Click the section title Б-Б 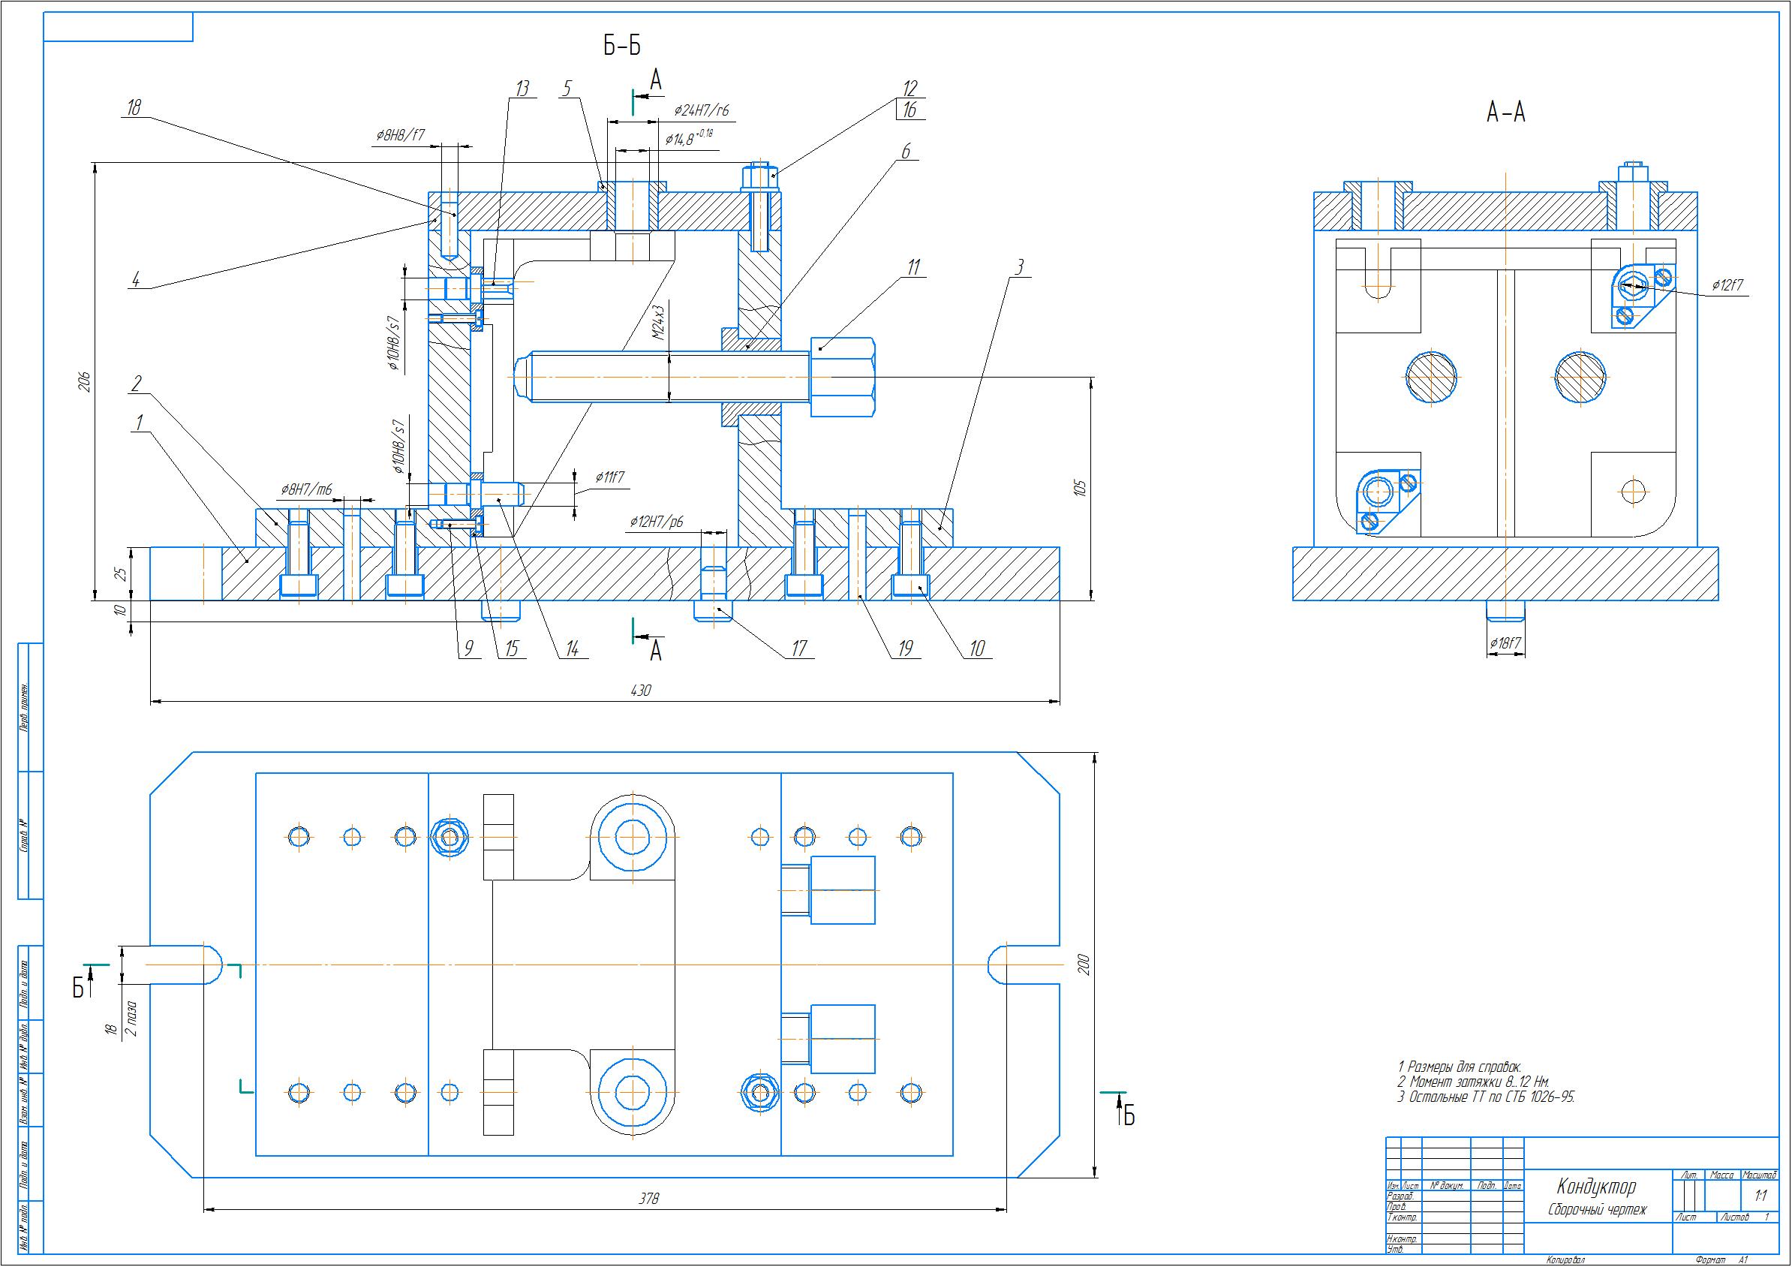(x=622, y=46)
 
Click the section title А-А (x=1505, y=114)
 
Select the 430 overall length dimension (x=639, y=690)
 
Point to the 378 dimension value (x=648, y=1198)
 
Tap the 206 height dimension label (x=85, y=382)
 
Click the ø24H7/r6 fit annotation (x=702, y=112)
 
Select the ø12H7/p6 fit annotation (x=657, y=522)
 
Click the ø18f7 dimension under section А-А (x=1505, y=644)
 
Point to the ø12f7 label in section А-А (x=1728, y=286)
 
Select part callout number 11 (x=913, y=267)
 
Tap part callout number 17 (x=798, y=648)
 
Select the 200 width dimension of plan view (x=1084, y=965)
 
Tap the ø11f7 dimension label (x=609, y=476)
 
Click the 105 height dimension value (x=1080, y=489)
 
